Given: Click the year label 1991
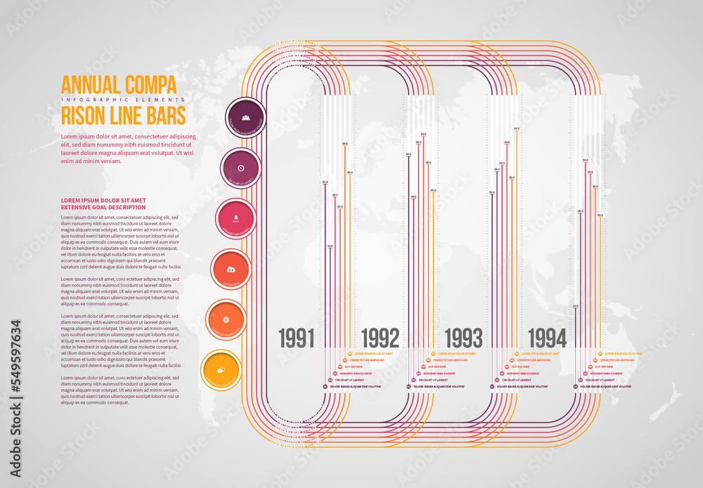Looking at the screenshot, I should click(296, 338).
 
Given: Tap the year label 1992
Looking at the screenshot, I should click(380, 338).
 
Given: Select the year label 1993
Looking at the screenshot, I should click(463, 338).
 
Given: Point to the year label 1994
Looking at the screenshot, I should click(547, 338).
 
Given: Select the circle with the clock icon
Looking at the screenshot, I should click(241, 168).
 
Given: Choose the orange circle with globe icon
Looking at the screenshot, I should click(226, 319).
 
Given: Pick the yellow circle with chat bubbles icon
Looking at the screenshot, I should click(221, 370).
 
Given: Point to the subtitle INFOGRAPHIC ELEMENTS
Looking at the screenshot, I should click(123, 100).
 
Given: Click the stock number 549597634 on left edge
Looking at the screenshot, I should click(15, 368).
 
